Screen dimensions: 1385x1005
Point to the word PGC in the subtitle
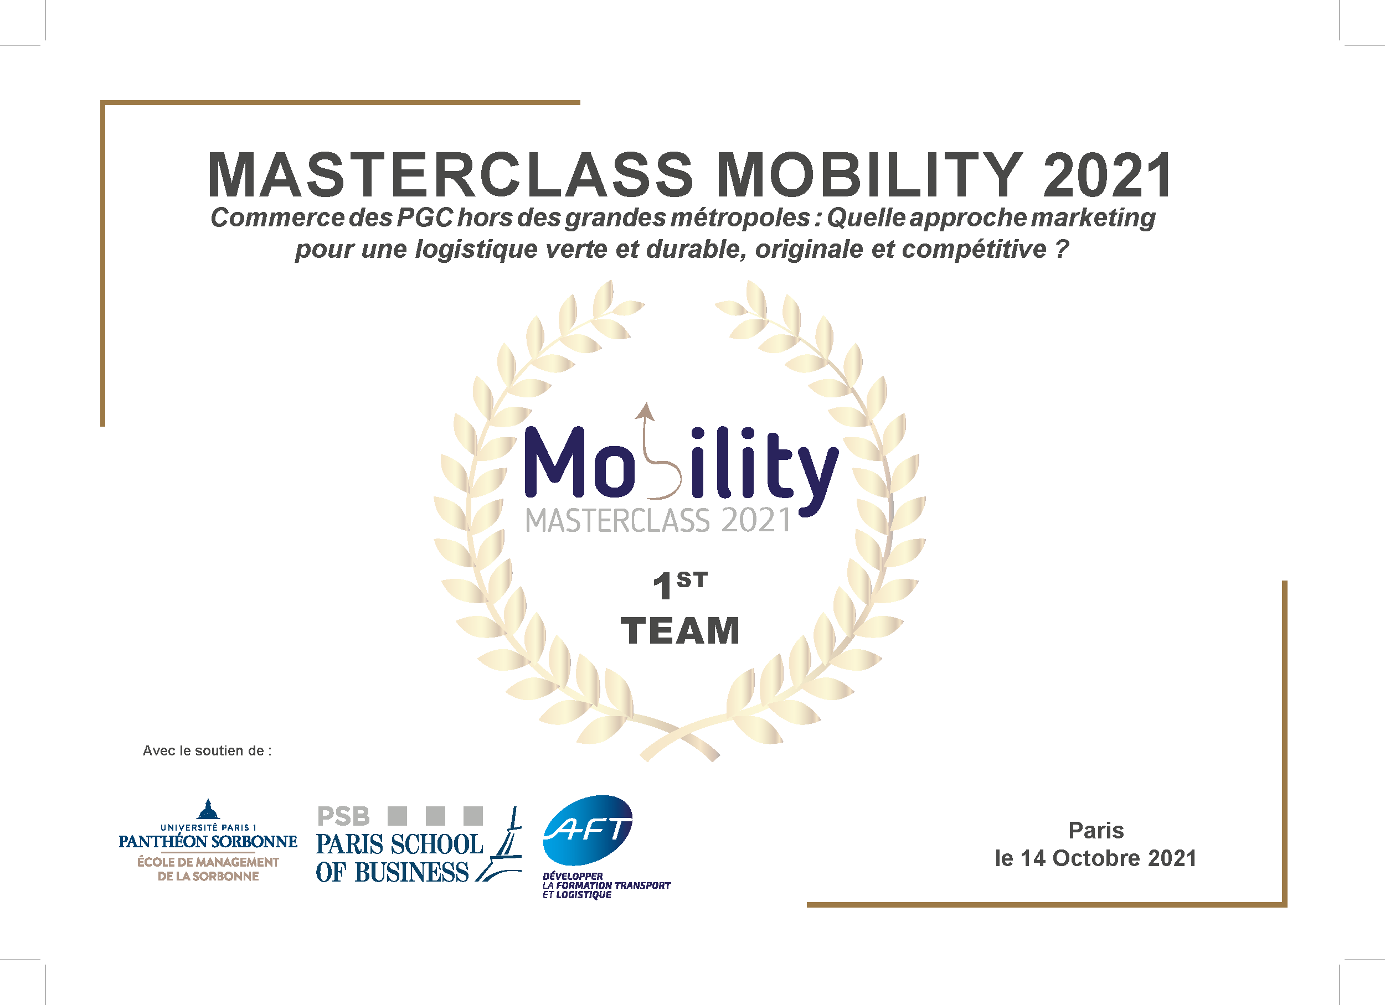point(425,218)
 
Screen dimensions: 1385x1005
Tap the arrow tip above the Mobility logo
point(644,403)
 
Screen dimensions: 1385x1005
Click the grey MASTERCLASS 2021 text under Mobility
point(658,521)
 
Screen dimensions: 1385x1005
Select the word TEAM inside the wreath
point(679,630)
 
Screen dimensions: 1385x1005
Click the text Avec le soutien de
point(207,750)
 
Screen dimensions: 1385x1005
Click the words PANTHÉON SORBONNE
point(208,842)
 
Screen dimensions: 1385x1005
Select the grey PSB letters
point(343,816)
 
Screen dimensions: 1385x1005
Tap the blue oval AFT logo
point(588,830)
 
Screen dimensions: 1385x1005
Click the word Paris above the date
point(1096,831)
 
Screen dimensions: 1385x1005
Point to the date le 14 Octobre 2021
point(1095,858)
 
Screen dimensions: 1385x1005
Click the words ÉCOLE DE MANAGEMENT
point(208,862)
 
